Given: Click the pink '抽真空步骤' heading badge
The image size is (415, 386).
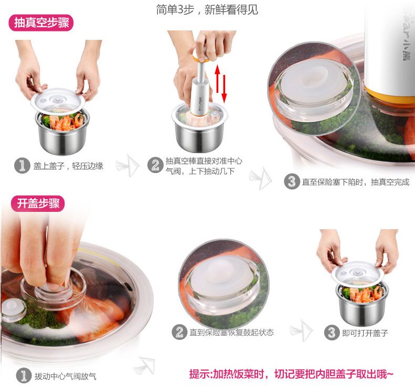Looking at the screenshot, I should click(40, 24).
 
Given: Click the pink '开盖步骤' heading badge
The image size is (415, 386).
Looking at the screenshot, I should click(36, 203).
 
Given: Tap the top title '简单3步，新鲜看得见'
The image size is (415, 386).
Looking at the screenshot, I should click(207, 9).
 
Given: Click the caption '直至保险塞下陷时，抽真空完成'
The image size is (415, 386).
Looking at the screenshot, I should click(355, 182).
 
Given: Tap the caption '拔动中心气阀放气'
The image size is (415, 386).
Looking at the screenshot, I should click(65, 376).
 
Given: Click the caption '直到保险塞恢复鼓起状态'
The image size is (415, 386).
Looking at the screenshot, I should click(231, 333).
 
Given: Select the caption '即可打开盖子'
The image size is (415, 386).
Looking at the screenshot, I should click(365, 333).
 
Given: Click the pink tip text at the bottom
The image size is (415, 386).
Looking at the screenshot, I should click(291, 374).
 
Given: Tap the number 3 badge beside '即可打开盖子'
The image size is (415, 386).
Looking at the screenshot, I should click(331, 333).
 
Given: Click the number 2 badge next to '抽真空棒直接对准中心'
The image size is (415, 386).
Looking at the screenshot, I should click(155, 165).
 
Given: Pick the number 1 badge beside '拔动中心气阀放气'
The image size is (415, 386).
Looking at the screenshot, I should click(23, 376).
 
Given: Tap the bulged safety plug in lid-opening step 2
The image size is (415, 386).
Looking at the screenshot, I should click(220, 273).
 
